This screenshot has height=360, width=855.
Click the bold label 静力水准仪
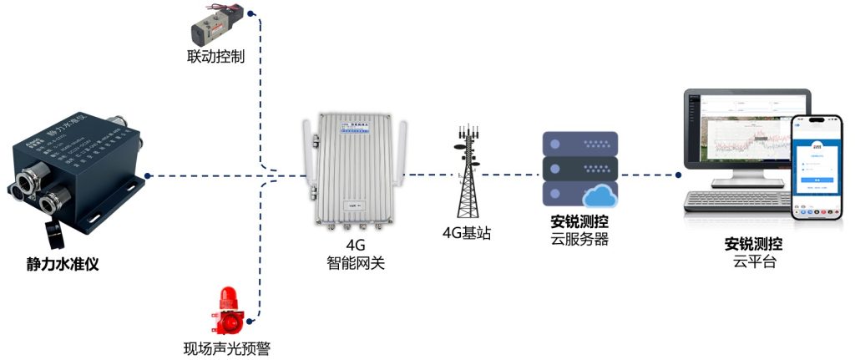pyautogui.click(x=68, y=266)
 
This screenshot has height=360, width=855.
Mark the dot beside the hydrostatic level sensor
pyautogui.click(x=147, y=175)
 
